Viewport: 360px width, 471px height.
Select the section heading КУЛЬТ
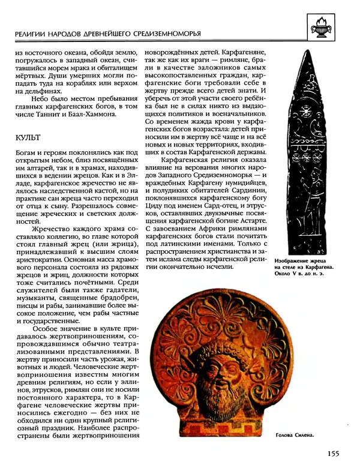coord(28,137)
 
